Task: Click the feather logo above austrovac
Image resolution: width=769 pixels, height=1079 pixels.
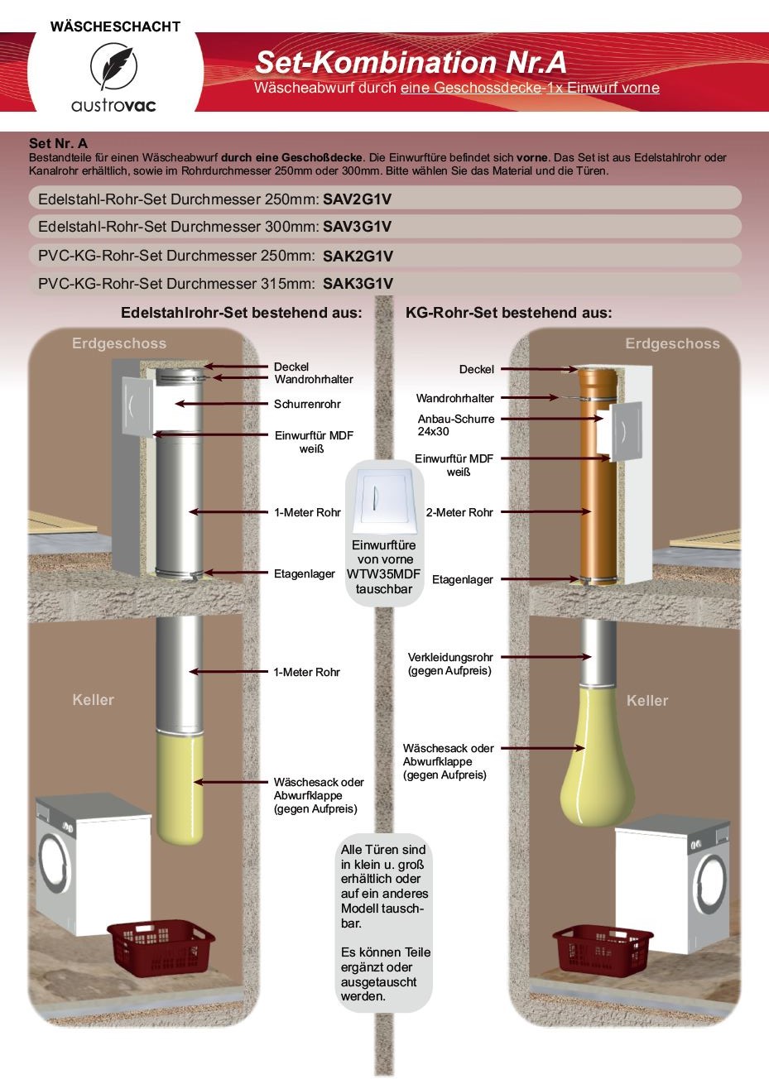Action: pyautogui.click(x=114, y=67)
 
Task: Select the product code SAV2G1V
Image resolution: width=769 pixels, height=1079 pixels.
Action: pyautogui.click(x=357, y=199)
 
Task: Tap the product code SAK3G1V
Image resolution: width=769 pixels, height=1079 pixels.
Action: pyautogui.click(x=358, y=284)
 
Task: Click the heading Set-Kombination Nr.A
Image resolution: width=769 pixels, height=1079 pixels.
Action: pyautogui.click(x=411, y=62)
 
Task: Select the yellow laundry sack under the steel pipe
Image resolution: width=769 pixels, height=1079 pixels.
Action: pyautogui.click(x=180, y=786)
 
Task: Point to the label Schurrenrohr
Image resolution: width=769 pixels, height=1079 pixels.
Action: pyautogui.click(x=307, y=405)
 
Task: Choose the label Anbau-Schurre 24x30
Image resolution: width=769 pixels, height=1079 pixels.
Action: pyautogui.click(x=455, y=425)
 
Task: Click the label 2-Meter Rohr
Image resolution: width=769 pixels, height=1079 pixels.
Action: pyautogui.click(x=459, y=513)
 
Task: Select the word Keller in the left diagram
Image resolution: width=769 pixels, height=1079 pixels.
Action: pyautogui.click(x=93, y=700)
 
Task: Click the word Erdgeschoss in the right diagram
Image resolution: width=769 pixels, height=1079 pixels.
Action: pyautogui.click(x=672, y=343)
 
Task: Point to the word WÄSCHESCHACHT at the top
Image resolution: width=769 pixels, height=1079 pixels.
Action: pyautogui.click(x=115, y=26)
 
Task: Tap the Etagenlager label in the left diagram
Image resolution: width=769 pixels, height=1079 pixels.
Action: pyautogui.click(x=305, y=573)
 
